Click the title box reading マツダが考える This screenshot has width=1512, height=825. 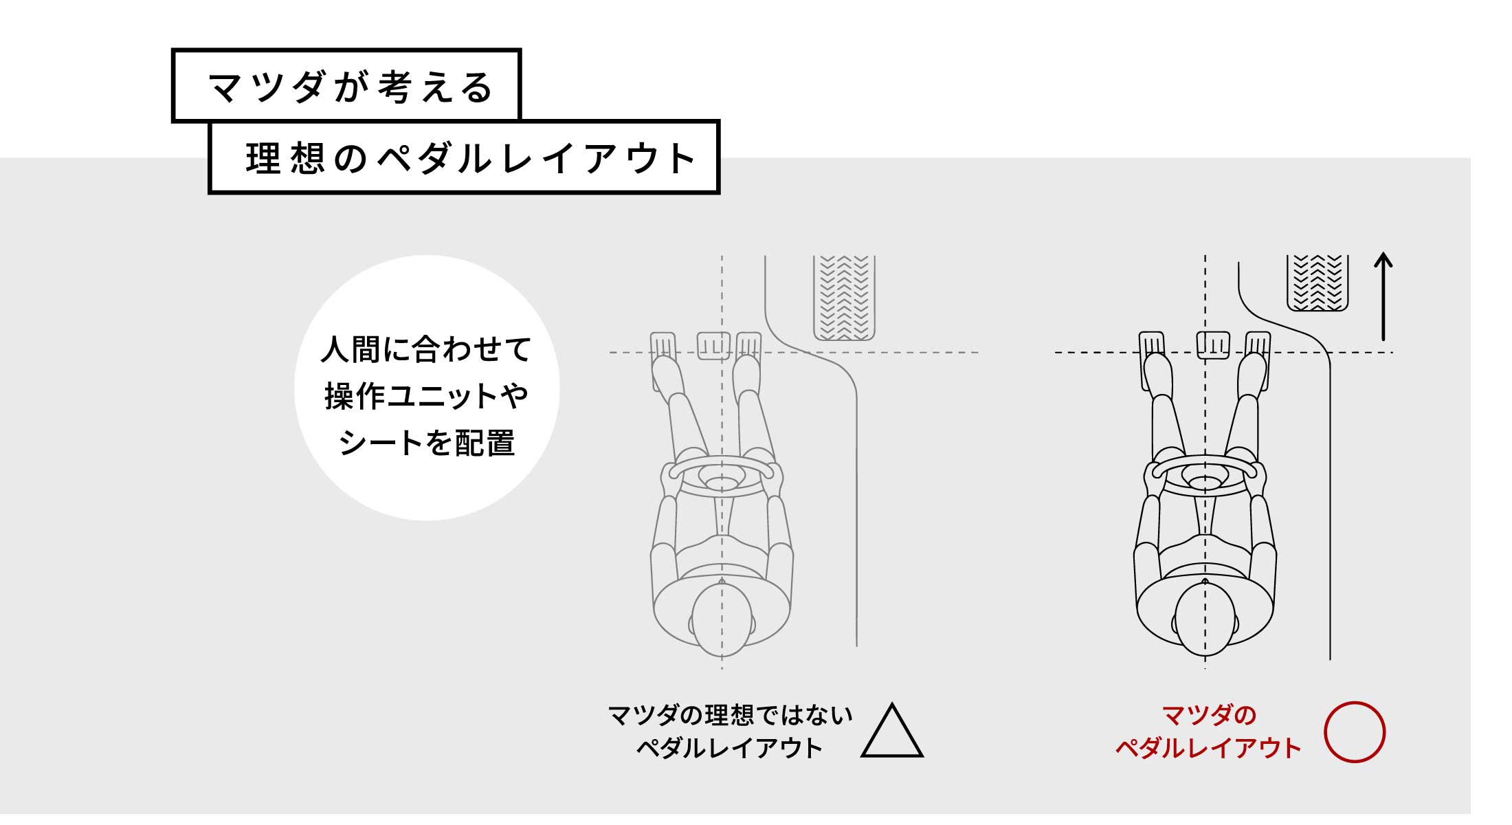(346, 85)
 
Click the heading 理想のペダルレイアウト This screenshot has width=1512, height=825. (471, 158)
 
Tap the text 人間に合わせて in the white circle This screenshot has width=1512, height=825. (426, 349)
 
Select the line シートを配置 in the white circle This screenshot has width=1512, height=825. (426, 443)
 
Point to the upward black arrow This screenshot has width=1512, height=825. (1383, 297)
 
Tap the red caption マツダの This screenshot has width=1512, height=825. (1208, 716)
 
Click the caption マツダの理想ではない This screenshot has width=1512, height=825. (730, 716)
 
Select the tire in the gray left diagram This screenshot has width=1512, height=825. (844, 298)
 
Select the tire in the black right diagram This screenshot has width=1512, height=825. (1318, 283)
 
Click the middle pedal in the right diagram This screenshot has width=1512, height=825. (1213, 345)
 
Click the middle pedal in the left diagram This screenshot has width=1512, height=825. (713, 346)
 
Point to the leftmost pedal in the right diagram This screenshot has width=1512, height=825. (1153, 361)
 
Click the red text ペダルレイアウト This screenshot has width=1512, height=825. (1208, 748)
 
